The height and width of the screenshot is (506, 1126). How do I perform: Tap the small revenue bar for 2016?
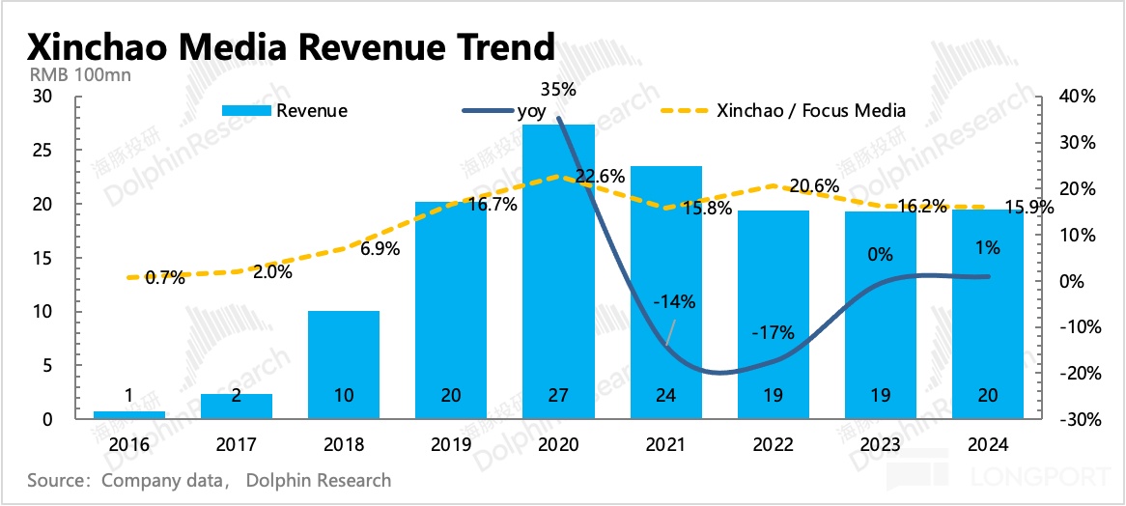(x=128, y=414)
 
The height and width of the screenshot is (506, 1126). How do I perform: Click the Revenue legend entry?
(x=285, y=110)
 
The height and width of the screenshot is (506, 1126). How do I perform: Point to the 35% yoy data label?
(x=558, y=90)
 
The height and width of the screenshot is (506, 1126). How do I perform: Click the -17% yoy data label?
(x=773, y=333)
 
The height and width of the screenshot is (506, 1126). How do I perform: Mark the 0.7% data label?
(x=165, y=278)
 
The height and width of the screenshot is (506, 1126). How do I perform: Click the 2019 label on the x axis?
(x=451, y=445)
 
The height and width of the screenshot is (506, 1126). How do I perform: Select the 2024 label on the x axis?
(x=988, y=445)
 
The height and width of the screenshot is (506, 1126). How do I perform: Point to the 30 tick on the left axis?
(x=42, y=97)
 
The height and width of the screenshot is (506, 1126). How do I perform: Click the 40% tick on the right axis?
(x=1076, y=97)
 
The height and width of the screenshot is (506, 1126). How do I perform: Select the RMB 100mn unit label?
(x=75, y=73)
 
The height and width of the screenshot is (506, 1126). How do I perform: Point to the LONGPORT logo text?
(x=1052, y=477)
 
